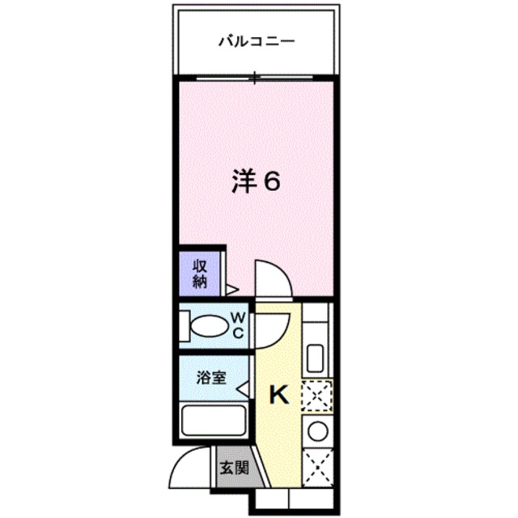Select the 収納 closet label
coord(200,273)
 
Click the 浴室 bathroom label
coord(210,377)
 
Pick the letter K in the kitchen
coord(278,394)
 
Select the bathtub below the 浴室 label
coord(214,422)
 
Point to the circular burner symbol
coord(316,429)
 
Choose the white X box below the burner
coord(316,465)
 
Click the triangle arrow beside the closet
coord(231,287)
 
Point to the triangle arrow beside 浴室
coord(242,390)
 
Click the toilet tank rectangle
coord(185,326)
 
